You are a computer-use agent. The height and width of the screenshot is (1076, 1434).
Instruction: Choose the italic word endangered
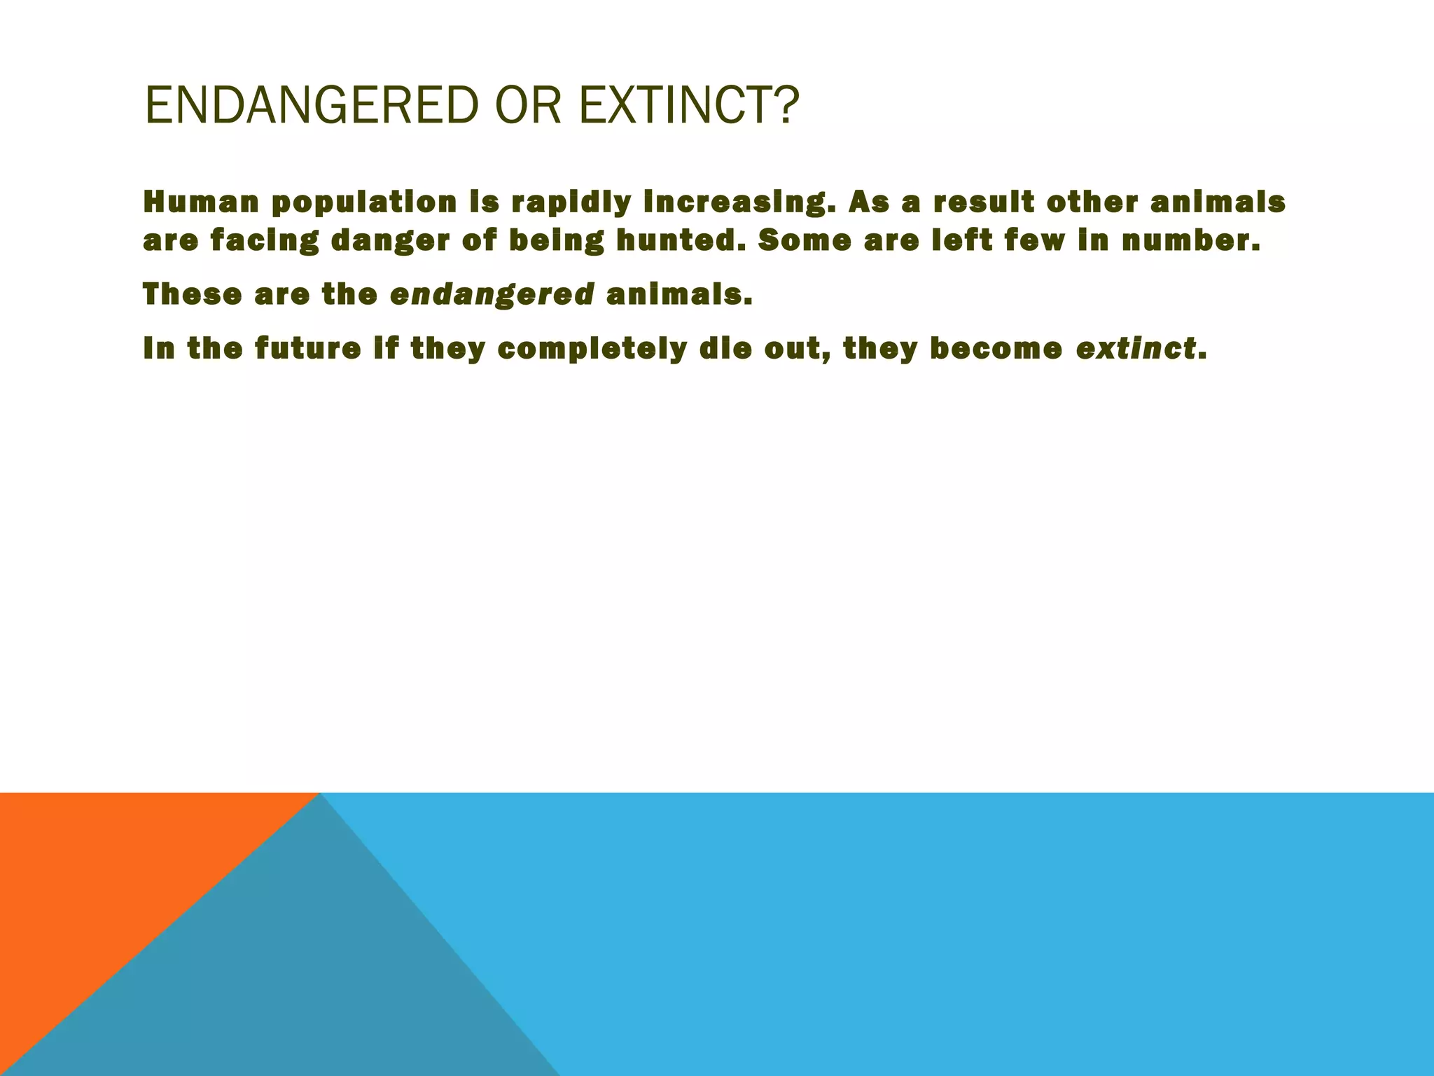click(x=492, y=296)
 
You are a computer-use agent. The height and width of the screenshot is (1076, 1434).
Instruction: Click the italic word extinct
click(x=1136, y=349)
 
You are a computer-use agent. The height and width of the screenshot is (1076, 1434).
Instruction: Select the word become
click(x=996, y=349)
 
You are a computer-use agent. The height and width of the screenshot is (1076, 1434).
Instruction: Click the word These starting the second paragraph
click(x=191, y=294)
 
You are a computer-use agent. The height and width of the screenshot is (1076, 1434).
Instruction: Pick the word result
click(x=983, y=202)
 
